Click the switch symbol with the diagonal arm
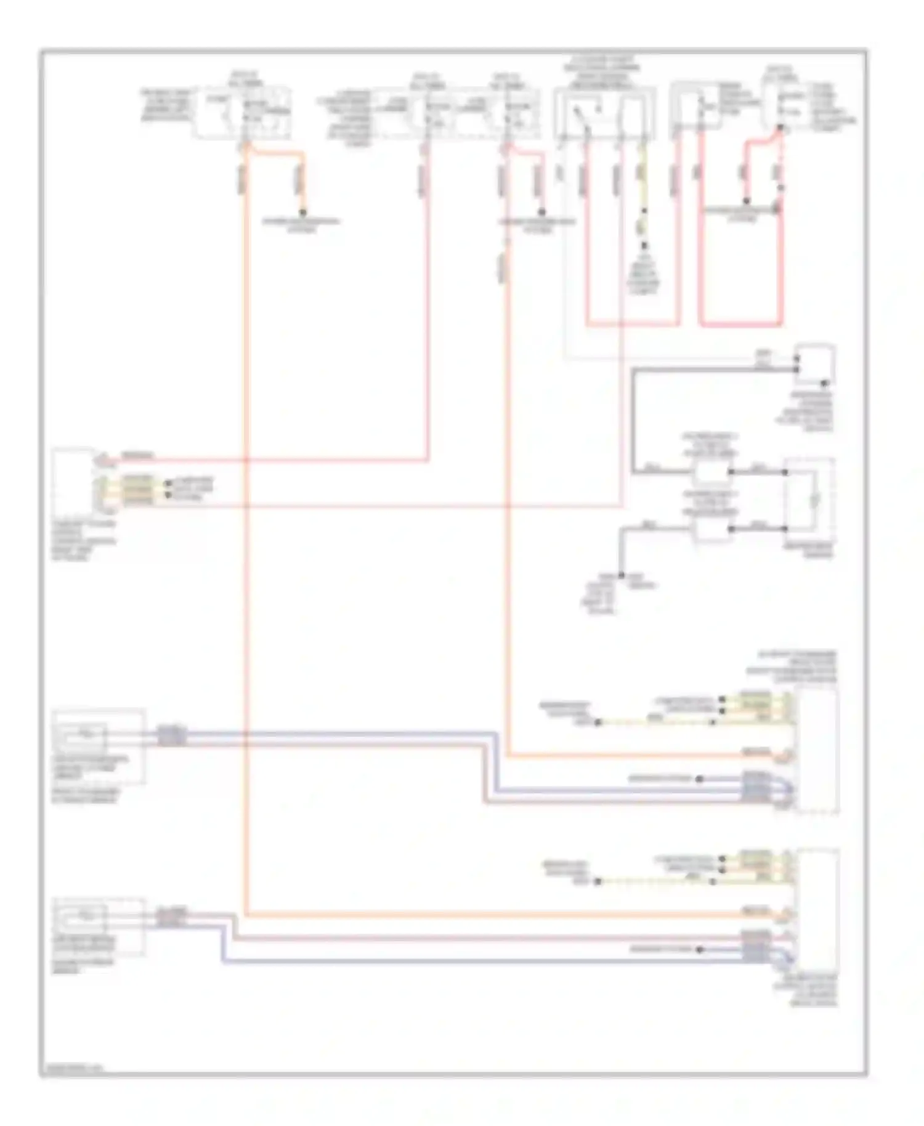580,117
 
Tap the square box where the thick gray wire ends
816,364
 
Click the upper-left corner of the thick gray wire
634,370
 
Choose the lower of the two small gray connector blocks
711,529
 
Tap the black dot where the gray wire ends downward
622,575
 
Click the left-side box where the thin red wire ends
73,480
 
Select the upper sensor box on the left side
99,746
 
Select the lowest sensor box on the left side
99,926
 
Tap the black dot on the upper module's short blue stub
699,779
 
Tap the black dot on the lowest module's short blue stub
699,950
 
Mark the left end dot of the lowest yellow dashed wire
597,881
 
